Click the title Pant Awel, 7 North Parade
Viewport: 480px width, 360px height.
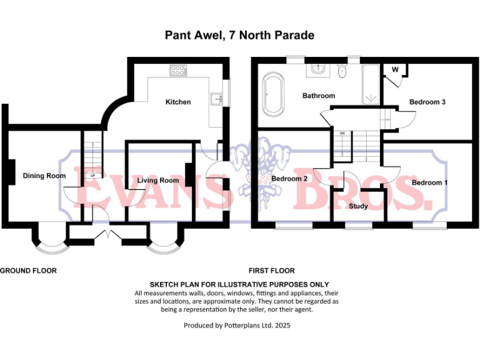click(x=239, y=35)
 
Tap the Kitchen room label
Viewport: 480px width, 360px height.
click(x=178, y=102)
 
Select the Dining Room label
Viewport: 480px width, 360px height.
click(x=44, y=176)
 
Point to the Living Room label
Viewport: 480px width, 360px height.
click(x=158, y=181)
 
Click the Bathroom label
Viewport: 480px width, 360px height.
click(x=319, y=96)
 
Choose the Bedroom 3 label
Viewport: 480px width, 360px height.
click(x=427, y=102)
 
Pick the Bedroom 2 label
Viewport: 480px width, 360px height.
click(x=289, y=178)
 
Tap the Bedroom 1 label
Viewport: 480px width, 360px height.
click(x=430, y=182)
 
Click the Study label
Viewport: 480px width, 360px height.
click(x=358, y=206)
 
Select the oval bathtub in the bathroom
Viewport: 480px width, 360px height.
click(x=273, y=94)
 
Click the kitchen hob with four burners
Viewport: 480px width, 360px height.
click(x=179, y=71)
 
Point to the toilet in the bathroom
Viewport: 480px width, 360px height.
click(x=341, y=73)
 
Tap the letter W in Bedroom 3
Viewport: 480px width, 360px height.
click(x=396, y=69)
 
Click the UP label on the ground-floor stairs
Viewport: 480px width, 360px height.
click(x=93, y=176)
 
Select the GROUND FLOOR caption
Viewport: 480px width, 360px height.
click(x=29, y=271)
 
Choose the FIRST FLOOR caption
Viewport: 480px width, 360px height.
click(x=271, y=271)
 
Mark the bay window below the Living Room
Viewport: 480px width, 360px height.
click(x=166, y=242)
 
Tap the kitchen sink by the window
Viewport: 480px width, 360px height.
click(x=217, y=97)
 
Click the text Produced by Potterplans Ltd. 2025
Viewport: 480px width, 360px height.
click(x=237, y=325)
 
